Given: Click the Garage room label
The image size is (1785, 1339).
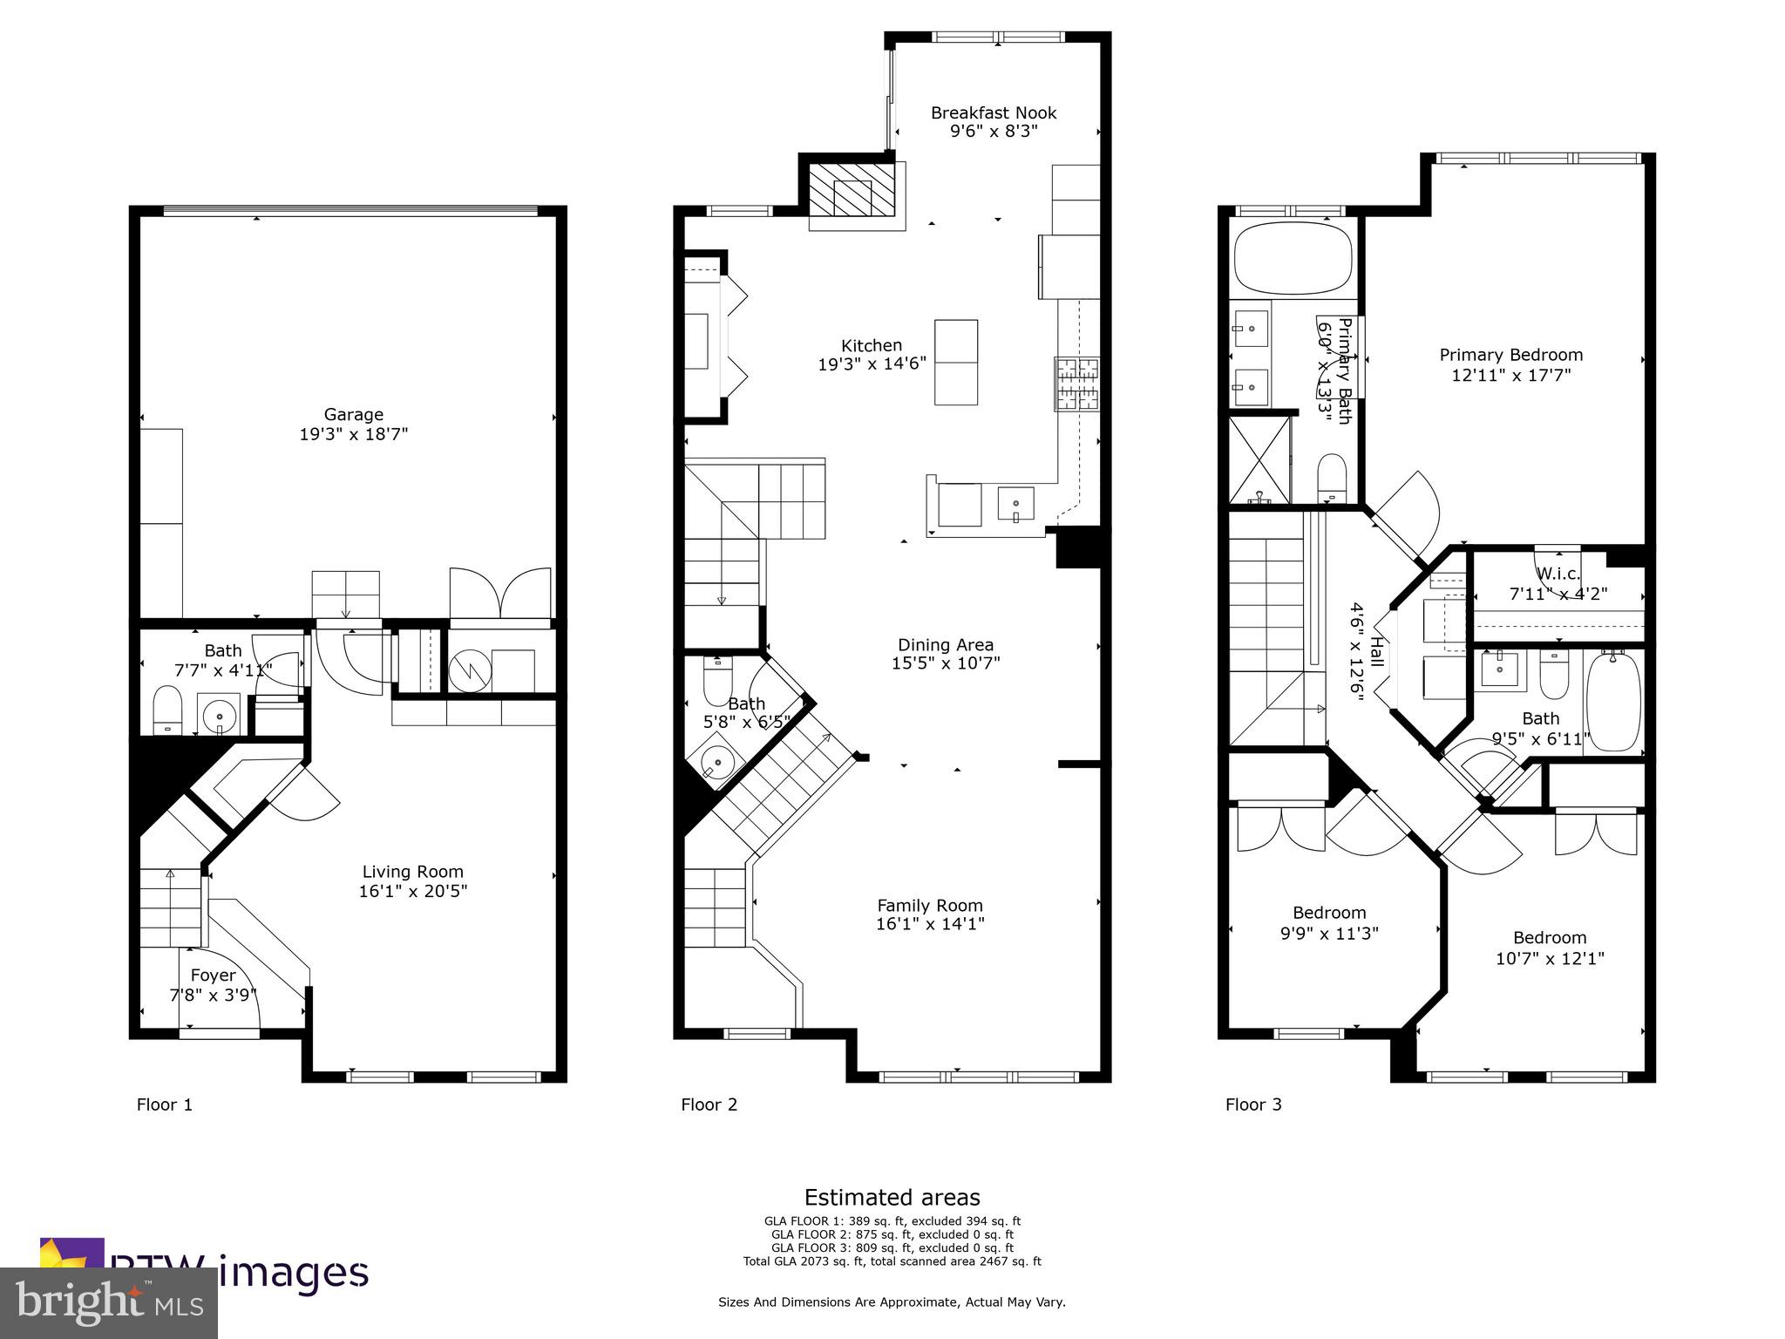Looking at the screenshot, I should [353, 415].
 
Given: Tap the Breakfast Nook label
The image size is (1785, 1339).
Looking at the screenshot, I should [993, 113].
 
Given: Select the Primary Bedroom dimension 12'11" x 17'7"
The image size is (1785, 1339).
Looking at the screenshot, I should [1510, 376].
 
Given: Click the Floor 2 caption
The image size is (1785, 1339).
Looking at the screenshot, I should [709, 1105].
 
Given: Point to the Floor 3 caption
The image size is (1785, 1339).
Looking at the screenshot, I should [1252, 1105].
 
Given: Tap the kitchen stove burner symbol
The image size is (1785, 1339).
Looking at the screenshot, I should [1077, 384].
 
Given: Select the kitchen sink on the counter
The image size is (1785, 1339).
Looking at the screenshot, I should [1015, 505].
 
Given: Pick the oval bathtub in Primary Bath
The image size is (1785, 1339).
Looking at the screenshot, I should [1293, 258].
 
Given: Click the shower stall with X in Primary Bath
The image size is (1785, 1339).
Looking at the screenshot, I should [1259, 460].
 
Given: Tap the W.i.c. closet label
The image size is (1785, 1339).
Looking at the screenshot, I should [1558, 574].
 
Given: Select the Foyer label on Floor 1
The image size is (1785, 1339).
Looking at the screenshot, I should [213, 975].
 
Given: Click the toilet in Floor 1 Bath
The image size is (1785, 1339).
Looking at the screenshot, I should [166, 710].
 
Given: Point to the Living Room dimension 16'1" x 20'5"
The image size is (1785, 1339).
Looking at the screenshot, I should [412, 891].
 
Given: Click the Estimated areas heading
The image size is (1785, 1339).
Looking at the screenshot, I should [892, 1197].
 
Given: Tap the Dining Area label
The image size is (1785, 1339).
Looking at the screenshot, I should [946, 645].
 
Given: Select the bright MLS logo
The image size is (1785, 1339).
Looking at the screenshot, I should [109, 1302].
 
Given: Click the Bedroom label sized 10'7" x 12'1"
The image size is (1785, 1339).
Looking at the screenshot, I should [1549, 938].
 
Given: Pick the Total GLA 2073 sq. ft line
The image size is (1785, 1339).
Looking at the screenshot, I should [892, 1261].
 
